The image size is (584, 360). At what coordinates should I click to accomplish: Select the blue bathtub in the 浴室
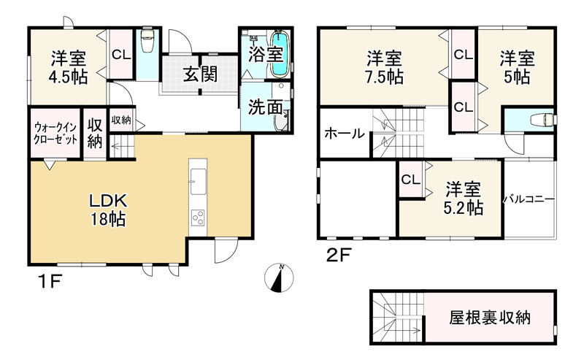pos(280,53)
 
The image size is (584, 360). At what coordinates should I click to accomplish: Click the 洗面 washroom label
pos(264,107)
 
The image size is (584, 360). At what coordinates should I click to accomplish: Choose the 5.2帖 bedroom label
pos(464,199)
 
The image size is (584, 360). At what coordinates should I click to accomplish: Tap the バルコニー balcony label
pos(529,199)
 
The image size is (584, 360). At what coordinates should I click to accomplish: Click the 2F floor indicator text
pos(335,256)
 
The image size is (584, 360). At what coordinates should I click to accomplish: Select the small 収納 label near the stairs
pos(121,120)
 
